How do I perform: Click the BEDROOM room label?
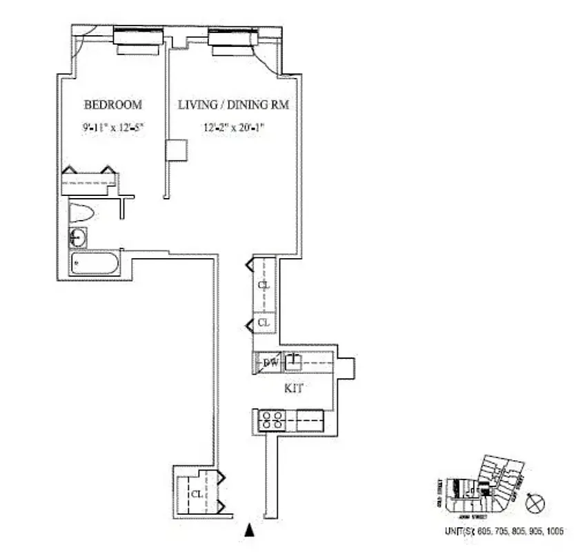[x=112, y=105]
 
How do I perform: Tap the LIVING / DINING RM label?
[x=233, y=105]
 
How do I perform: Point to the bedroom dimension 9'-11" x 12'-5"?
[x=112, y=126]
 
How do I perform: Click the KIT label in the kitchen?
[x=294, y=388]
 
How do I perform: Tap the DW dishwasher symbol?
[x=264, y=362]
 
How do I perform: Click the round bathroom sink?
[x=78, y=238]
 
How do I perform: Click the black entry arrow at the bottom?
[x=250, y=530]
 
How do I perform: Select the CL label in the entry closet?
[x=197, y=494]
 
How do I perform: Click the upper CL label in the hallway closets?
[x=263, y=284]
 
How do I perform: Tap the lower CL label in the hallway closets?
[x=263, y=322]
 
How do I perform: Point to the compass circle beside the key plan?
[x=535, y=503]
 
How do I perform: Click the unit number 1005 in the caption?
[x=555, y=531]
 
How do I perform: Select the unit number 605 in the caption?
[x=485, y=531]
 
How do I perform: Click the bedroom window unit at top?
[x=139, y=41]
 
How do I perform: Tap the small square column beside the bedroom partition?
[x=177, y=150]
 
